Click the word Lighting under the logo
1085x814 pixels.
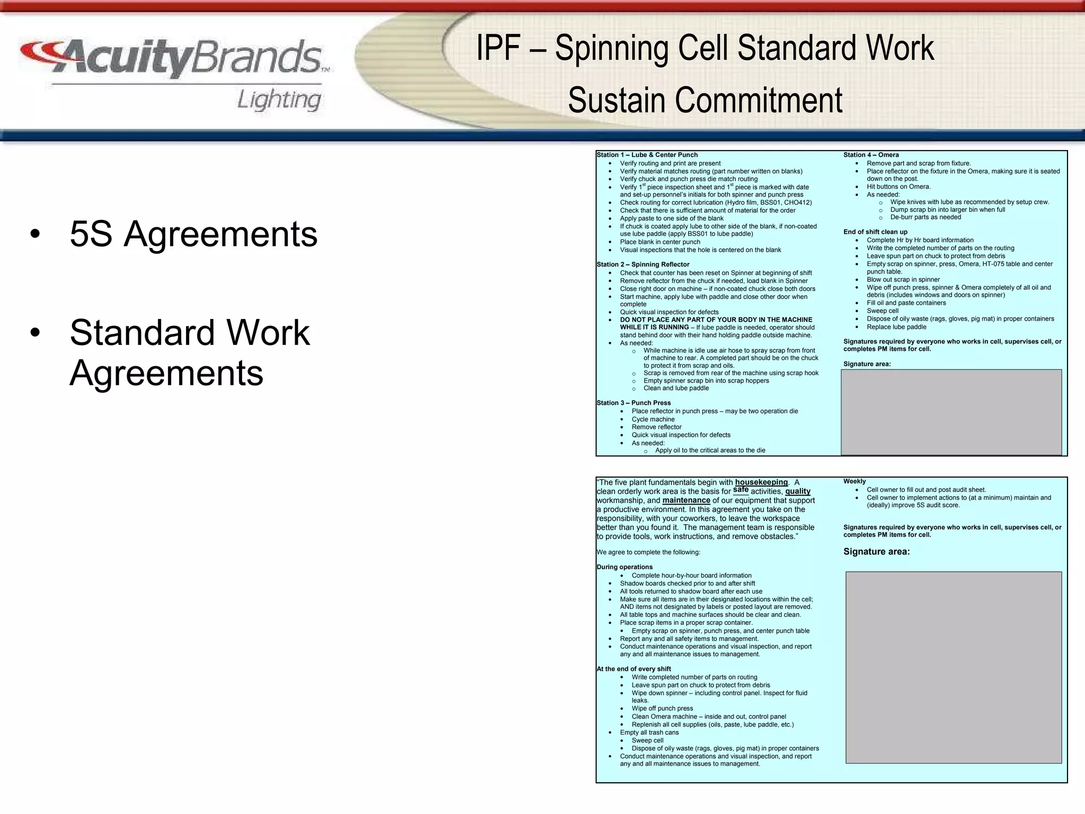[x=279, y=100]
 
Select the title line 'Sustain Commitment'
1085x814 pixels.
[x=705, y=100]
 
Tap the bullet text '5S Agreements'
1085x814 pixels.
[x=193, y=234]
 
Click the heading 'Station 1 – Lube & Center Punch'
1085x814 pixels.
[x=647, y=155]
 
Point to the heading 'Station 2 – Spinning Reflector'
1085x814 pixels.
[x=643, y=264]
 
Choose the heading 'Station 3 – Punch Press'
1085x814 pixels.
[x=634, y=403]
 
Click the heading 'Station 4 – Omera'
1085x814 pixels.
[x=871, y=155]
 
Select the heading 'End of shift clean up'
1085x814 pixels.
[x=875, y=232]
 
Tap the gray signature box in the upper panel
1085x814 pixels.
[x=951, y=412]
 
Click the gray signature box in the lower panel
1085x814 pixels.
[x=953, y=667]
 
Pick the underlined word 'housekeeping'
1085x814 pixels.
[x=761, y=482]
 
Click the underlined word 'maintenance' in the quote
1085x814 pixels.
[x=686, y=500]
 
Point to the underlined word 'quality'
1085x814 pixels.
[x=797, y=491]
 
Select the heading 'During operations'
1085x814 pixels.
[x=625, y=567]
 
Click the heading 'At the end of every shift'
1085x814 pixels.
[x=634, y=669]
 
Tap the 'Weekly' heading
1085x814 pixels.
[x=855, y=481]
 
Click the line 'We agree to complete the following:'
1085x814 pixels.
[x=648, y=552]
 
